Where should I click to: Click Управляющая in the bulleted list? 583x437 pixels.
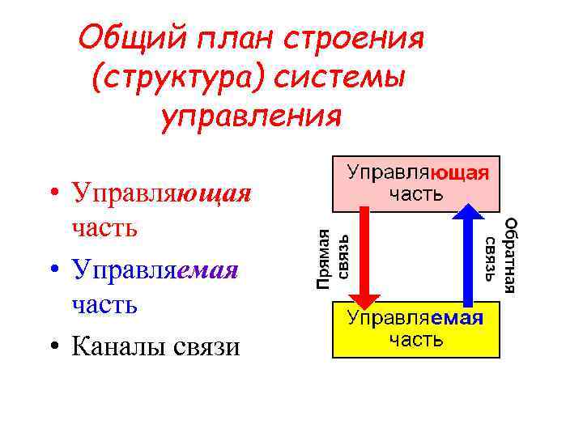point(161,195)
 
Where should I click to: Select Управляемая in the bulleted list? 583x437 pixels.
point(155,269)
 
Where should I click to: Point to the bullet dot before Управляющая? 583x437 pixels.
point(53,195)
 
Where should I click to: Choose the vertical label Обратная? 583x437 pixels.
point(509,254)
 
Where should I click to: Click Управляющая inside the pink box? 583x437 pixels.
point(417,172)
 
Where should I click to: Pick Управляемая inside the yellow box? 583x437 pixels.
point(415,317)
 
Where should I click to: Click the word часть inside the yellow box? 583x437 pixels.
point(415,338)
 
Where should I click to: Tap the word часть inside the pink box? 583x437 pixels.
point(416,193)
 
